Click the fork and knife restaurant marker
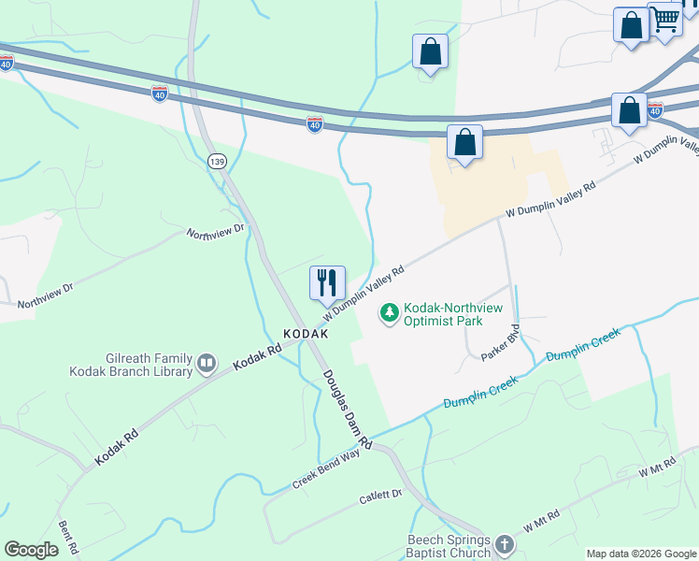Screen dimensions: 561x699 (x=327, y=282)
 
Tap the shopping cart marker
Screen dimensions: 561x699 (x=665, y=20)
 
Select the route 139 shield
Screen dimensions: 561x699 (x=217, y=162)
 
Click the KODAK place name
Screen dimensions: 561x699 (x=307, y=334)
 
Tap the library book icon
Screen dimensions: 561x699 (x=207, y=361)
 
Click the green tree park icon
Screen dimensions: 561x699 (x=389, y=312)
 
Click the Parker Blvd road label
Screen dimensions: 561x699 (x=500, y=345)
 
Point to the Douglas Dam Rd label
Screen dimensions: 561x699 (x=347, y=409)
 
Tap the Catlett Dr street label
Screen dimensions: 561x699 (x=380, y=497)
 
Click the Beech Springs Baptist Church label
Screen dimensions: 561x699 (x=449, y=546)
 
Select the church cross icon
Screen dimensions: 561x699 (x=504, y=544)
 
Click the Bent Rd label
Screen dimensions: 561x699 (x=67, y=538)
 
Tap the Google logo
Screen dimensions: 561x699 (x=32, y=550)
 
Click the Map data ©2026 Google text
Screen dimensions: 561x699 (x=641, y=554)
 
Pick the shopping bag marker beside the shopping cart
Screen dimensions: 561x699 (x=631, y=25)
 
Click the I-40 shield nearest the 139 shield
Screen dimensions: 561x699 (x=159, y=94)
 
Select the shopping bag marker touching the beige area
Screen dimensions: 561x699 (x=464, y=143)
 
